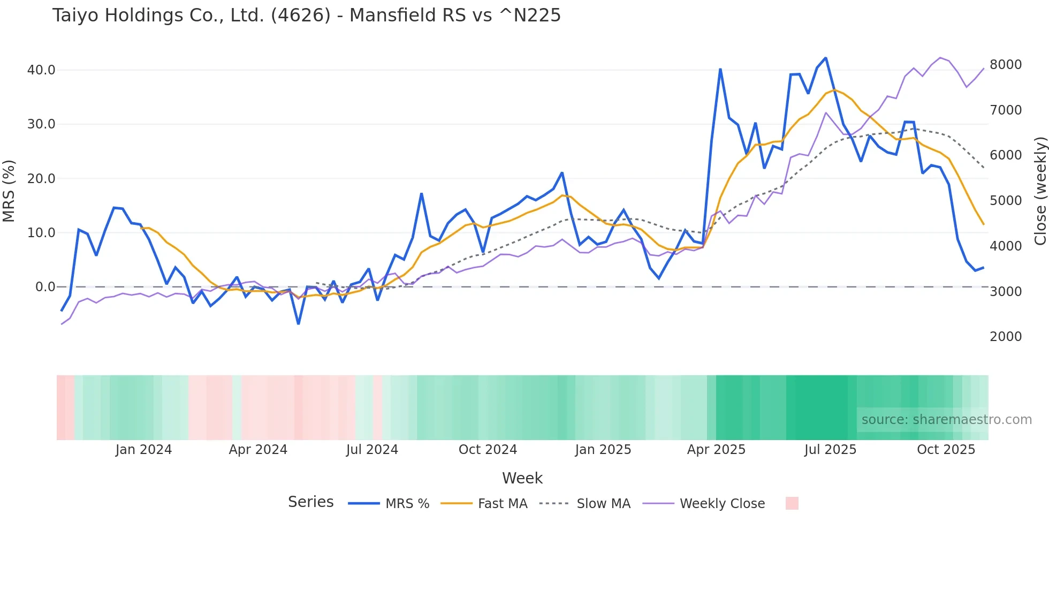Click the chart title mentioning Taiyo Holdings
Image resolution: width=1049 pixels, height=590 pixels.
point(306,16)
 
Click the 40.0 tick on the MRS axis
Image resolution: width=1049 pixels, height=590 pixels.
point(41,70)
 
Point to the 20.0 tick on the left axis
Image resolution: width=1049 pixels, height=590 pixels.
point(41,179)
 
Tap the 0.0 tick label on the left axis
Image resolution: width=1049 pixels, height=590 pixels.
point(45,287)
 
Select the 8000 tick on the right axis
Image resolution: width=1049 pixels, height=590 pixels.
point(1006,65)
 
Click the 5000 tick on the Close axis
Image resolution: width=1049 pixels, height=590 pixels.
point(1006,201)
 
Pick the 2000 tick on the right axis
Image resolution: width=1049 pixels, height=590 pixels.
point(1006,337)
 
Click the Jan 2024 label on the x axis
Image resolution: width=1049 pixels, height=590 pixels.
point(143,450)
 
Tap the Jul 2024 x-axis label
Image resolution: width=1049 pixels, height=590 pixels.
point(372,450)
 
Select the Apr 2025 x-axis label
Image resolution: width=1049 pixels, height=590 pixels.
point(716,450)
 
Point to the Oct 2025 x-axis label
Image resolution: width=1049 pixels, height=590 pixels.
point(946,450)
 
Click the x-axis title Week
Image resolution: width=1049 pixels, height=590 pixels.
point(522,478)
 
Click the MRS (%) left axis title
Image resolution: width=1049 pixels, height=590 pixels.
point(9,191)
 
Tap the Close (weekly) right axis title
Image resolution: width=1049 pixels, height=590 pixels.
point(1040,191)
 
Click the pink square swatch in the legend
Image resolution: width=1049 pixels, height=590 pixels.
point(792,503)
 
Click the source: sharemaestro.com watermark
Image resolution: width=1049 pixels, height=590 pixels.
point(946,420)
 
